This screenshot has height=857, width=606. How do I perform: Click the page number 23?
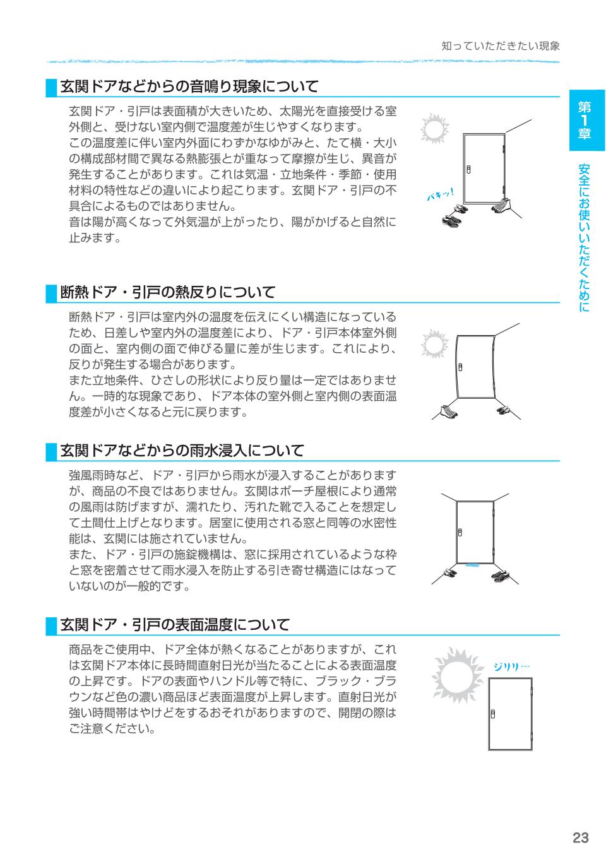(580, 838)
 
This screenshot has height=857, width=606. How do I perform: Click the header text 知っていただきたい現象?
(501, 46)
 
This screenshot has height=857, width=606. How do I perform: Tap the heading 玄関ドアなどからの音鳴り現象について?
(189, 86)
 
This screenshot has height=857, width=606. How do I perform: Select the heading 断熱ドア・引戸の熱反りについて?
(167, 292)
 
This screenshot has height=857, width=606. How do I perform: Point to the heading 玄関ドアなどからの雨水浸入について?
(182, 451)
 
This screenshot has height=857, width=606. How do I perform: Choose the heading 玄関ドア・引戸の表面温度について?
(174, 625)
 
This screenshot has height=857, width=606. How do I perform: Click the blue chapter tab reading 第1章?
(586, 120)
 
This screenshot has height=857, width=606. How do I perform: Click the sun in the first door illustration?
(434, 129)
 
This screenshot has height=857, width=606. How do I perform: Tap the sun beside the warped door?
(434, 345)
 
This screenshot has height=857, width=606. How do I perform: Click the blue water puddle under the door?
(471, 566)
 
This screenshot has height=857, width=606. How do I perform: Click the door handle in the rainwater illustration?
(460, 532)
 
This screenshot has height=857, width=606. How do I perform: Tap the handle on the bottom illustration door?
(493, 712)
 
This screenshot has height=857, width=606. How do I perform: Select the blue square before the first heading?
(51, 87)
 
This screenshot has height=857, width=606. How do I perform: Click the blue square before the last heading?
(51, 626)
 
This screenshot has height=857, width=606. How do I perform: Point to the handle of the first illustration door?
(468, 169)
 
